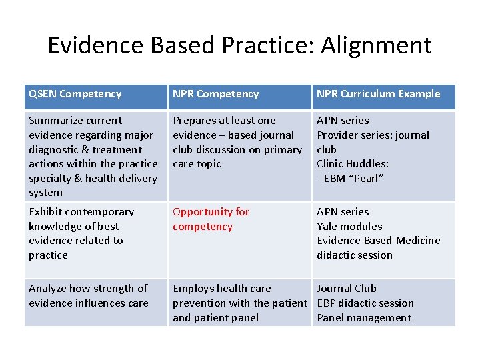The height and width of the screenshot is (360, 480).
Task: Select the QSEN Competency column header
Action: [x=75, y=94]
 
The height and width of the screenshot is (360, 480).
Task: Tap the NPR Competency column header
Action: [x=215, y=94]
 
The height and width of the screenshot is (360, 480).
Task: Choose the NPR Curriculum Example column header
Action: [x=378, y=94]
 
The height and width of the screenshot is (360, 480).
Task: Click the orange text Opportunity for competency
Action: [x=211, y=219]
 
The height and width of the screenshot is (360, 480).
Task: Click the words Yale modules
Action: [x=349, y=226]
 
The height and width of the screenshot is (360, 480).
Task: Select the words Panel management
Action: [x=364, y=317]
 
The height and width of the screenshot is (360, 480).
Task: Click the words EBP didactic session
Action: [x=365, y=303]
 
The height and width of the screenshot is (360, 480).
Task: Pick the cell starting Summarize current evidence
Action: [x=93, y=156]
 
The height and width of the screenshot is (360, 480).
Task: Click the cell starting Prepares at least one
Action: [x=237, y=141]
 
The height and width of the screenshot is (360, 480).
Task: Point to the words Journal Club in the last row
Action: [x=346, y=288]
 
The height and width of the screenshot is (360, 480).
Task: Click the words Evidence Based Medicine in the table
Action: [x=378, y=240]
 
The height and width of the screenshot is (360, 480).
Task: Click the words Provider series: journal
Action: [x=373, y=135]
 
